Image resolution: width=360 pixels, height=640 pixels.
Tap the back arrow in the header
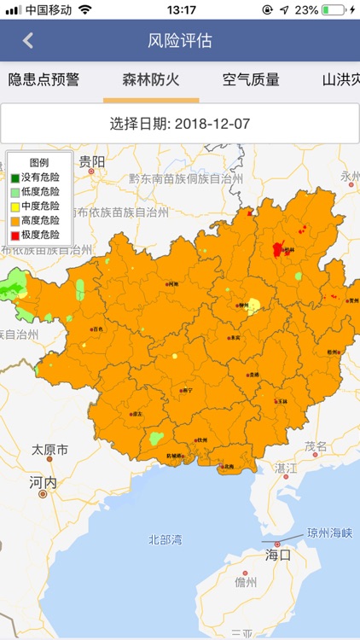click(x=28, y=40)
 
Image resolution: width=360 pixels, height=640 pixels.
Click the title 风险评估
click(x=180, y=40)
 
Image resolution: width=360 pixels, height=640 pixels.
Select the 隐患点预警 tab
click(x=44, y=80)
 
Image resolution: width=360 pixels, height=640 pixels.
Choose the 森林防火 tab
click(x=151, y=80)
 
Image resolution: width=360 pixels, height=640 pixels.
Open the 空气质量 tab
click(x=251, y=80)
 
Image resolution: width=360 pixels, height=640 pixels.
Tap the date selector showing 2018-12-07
click(x=180, y=123)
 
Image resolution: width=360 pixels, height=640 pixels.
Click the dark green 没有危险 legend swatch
click(x=15, y=178)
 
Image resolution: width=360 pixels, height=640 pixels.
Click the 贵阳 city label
click(x=92, y=161)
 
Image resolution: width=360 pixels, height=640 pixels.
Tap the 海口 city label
click(x=278, y=555)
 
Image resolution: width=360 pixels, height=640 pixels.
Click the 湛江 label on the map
click(x=286, y=468)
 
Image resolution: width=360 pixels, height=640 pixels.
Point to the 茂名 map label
click(x=316, y=446)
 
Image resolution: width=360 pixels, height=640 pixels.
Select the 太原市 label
click(x=49, y=450)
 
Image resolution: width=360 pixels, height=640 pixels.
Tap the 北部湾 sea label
click(x=165, y=539)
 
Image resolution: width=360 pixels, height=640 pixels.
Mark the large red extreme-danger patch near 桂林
click(x=278, y=249)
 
